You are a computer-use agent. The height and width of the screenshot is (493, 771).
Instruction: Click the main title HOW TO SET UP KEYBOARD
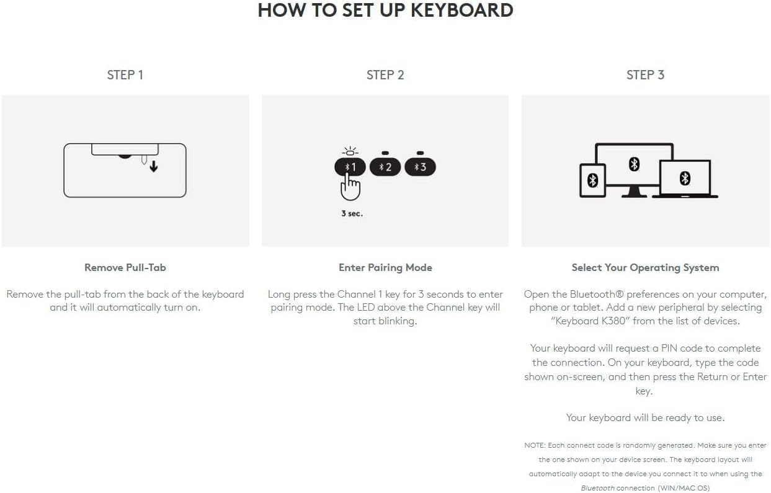(x=385, y=11)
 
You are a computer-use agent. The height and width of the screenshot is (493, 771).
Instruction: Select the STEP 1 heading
(x=125, y=75)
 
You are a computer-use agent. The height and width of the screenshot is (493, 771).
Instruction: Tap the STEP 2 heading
(x=385, y=75)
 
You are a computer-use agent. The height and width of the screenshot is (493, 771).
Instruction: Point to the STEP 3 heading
(x=645, y=75)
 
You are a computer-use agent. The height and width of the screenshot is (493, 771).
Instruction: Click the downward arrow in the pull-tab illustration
(x=153, y=166)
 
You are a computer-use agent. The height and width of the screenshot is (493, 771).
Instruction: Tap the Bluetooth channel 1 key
(x=350, y=167)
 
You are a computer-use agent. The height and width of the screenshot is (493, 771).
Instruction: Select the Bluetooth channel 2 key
(x=385, y=167)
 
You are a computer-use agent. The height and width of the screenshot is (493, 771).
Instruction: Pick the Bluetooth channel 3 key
(x=420, y=167)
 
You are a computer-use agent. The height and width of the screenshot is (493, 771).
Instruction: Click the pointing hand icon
(x=351, y=186)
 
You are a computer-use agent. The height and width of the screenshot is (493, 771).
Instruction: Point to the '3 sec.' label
(x=352, y=214)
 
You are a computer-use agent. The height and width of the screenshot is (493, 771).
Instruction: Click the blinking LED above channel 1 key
(x=350, y=153)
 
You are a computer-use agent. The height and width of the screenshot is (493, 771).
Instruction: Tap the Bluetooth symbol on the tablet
(x=592, y=180)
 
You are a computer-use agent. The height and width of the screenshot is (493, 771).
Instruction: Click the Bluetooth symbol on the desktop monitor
(x=634, y=164)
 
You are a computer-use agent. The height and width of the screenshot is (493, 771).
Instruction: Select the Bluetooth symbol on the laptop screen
(x=685, y=178)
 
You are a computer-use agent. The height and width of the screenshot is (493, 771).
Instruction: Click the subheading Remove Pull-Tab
(x=125, y=268)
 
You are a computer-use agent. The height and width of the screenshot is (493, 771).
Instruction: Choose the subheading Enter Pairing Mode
(x=385, y=268)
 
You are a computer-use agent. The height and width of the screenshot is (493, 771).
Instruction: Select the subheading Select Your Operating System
(x=645, y=268)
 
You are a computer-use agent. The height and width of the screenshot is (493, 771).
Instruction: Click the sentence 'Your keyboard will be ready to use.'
(x=645, y=418)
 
